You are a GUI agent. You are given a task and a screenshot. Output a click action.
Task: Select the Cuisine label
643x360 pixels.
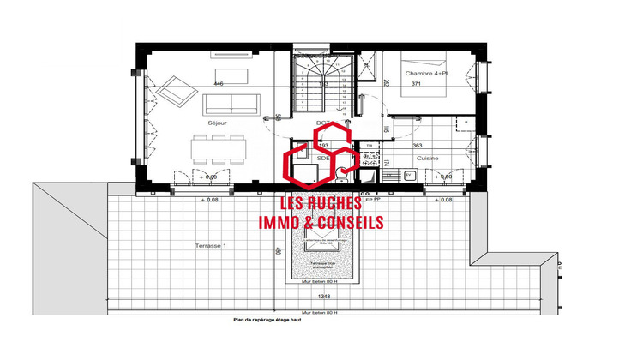(x=428, y=159)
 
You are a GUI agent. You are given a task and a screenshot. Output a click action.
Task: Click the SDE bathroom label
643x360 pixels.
(x=323, y=159)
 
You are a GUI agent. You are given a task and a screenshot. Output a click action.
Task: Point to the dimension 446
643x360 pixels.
(x=218, y=83)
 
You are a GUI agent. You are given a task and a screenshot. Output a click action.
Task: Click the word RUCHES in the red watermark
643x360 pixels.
(x=335, y=205)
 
